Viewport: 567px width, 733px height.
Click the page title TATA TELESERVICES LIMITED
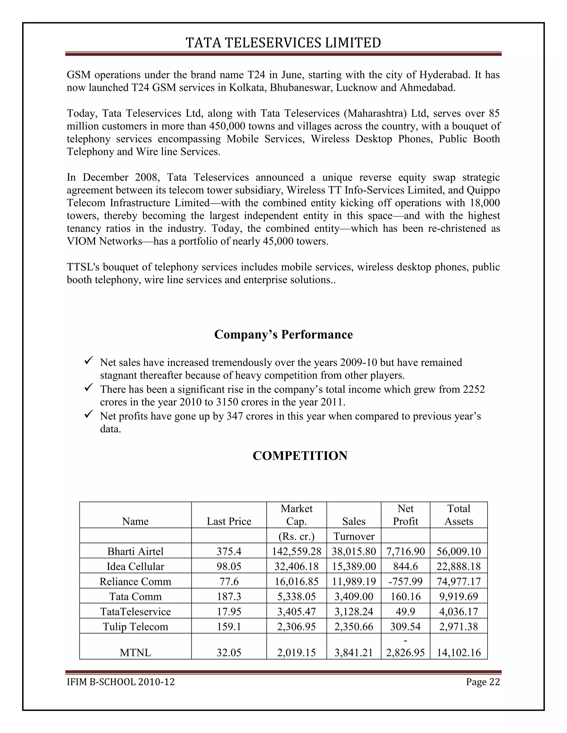tap(283, 43)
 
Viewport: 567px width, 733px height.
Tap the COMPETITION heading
tap(300, 456)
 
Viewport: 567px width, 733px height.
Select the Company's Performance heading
tap(283, 335)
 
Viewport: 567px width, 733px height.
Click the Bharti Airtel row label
tap(135, 552)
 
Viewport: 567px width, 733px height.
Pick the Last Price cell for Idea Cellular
tap(229, 566)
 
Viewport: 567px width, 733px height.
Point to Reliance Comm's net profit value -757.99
tap(405, 582)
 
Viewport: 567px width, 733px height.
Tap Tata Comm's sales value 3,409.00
tap(354, 597)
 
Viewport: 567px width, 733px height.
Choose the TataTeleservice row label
tap(135, 612)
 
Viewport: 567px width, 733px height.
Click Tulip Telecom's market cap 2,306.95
tap(296, 627)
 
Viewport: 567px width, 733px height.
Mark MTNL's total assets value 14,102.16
tap(458, 653)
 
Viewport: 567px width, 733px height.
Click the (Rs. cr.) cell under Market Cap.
tap(296, 536)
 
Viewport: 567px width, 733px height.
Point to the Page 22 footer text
tap(483, 682)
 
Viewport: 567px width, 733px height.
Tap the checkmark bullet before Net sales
tap(88, 361)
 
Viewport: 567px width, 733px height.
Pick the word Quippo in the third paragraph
tap(483, 190)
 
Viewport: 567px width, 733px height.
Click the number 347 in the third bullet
tap(234, 416)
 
